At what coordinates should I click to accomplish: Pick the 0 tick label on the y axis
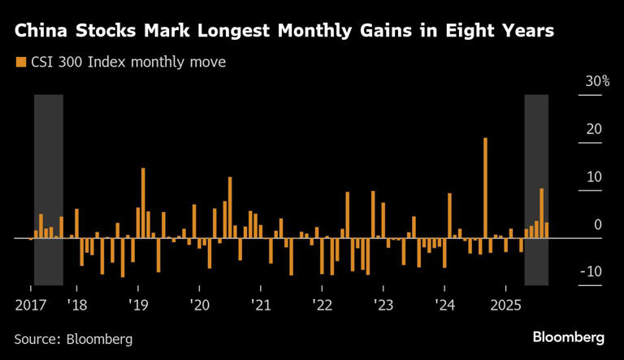pyautogui.click(x=597, y=224)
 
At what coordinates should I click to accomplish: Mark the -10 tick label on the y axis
pyautogui.click(x=591, y=271)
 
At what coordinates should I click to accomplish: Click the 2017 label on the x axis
pyautogui.click(x=30, y=305)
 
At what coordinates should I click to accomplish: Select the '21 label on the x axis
pyautogui.click(x=260, y=305)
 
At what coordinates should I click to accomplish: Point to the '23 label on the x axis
pyautogui.click(x=383, y=305)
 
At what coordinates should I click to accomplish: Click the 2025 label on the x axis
pyautogui.click(x=505, y=305)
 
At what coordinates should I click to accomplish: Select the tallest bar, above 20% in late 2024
pyautogui.click(x=485, y=189)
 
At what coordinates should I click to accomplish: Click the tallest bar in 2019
pyautogui.click(x=143, y=203)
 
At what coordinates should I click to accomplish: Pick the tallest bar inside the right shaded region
pyautogui.click(x=542, y=214)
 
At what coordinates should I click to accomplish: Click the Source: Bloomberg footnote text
pyautogui.click(x=73, y=337)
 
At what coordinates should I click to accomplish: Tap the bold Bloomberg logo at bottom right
pyautogui.click(x=568, y=336)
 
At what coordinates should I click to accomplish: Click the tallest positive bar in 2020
pyautogui.click(x=230, y=208)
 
